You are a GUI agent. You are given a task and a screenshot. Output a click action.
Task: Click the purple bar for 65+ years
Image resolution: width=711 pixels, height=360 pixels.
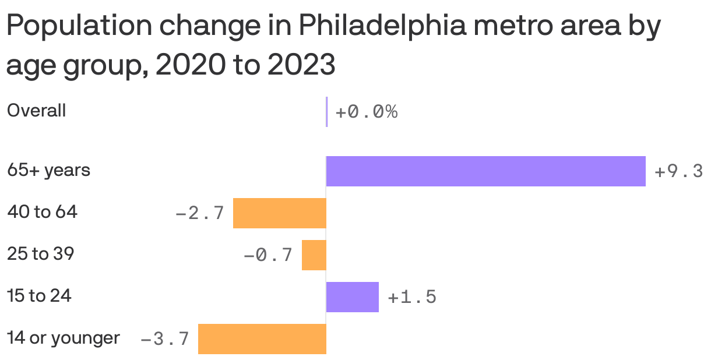click(x=485, y=171)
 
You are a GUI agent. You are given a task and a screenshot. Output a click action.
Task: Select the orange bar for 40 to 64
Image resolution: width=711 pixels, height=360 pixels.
click(x=280, y=213)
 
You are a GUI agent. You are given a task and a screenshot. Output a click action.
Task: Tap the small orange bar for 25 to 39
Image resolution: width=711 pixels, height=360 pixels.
click(x=314, y=255)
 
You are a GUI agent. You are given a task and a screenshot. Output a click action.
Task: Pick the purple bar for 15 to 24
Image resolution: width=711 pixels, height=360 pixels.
click(x=353, y=297)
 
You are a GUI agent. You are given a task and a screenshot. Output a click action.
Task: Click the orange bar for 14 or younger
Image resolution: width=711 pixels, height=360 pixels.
click(x=262, y=339)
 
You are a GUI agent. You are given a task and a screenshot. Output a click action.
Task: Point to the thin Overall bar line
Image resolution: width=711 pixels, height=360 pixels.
click(x=327, y=111)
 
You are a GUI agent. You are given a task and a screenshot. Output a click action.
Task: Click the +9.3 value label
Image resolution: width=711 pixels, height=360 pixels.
click(x=678, y=172)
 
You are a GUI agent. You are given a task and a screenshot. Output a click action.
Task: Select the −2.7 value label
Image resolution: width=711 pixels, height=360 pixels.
click(x=200, y=214)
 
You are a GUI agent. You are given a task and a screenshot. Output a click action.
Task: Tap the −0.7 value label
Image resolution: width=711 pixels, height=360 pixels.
click(x=267, y=256)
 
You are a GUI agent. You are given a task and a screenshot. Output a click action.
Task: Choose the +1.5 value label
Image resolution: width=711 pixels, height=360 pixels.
click(x=411, y=298)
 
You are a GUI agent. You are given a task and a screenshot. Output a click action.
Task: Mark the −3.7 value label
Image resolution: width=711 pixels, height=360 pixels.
click(x=165, y=339)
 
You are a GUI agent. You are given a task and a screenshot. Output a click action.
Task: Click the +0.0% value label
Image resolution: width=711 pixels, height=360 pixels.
click(x=366, y=112)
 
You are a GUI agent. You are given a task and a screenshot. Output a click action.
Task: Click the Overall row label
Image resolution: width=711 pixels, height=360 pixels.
click(x=36, y=111)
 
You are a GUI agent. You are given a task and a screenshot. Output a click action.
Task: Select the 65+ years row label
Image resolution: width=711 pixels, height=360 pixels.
click(x=48, y=171)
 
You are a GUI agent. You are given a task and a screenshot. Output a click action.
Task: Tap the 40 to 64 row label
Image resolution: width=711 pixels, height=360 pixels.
click(x=42, y=213)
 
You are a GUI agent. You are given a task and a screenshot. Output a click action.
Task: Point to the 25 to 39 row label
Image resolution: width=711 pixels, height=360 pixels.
click(x=40, y=254)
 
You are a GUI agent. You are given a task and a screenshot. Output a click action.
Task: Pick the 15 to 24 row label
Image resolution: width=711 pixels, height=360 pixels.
click(x=39, y=296)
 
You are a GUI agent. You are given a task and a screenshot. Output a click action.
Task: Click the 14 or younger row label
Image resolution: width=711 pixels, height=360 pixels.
click(x=63, y=338)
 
